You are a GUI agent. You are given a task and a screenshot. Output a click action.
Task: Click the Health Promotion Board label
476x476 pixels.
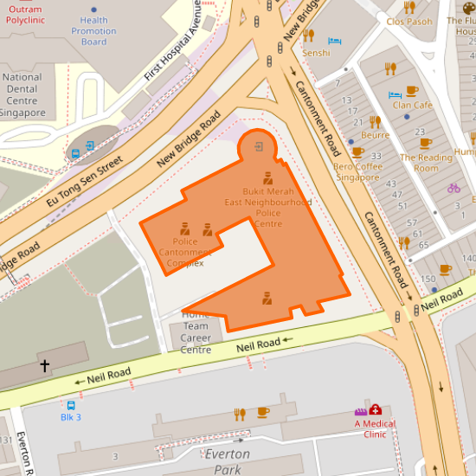93,31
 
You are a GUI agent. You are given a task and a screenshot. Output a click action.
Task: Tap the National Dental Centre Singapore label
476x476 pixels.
23,95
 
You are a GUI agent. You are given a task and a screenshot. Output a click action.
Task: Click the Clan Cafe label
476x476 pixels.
412,105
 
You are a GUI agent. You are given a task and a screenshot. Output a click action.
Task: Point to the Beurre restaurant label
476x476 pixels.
375,135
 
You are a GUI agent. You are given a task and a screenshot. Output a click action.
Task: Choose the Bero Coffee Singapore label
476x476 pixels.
357,171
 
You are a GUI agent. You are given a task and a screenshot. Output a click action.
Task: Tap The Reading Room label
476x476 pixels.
426,163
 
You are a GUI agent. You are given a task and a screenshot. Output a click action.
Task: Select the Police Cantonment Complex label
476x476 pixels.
185,252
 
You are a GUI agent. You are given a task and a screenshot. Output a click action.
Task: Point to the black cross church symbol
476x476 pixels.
44,366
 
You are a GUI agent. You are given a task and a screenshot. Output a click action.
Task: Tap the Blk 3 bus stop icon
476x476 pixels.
71,404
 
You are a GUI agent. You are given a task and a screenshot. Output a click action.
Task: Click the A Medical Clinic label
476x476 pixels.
375,428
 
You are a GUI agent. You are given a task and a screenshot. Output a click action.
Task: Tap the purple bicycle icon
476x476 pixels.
454,188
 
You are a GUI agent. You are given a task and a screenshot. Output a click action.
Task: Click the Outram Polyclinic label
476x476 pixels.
24,13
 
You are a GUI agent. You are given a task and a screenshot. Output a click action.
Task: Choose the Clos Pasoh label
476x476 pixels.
409,22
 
